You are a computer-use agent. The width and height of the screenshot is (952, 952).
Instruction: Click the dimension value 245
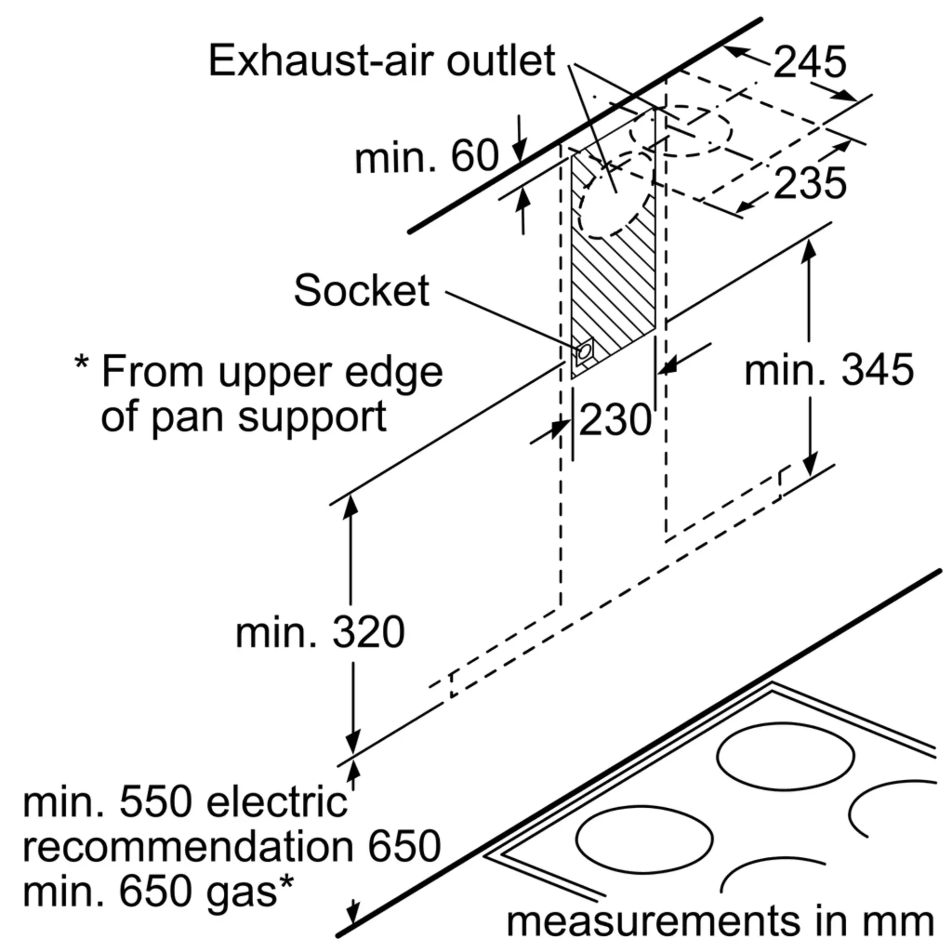coord(810,62)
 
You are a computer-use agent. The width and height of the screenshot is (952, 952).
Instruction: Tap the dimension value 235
coord(810,183)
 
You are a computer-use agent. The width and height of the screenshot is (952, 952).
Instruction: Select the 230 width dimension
coord(615,419)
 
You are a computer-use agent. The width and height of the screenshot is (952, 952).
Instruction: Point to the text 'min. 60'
coord(426,156)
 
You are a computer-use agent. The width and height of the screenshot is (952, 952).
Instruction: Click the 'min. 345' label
coord(829,369)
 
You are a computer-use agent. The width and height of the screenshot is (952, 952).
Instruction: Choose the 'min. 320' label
coord(320,632)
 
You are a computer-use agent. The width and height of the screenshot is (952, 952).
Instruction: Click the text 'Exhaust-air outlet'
coord(382,60)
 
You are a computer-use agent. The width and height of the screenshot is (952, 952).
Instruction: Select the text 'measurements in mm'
coord(720,921)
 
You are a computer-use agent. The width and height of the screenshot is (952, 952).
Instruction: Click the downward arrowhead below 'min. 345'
coord(810,464)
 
